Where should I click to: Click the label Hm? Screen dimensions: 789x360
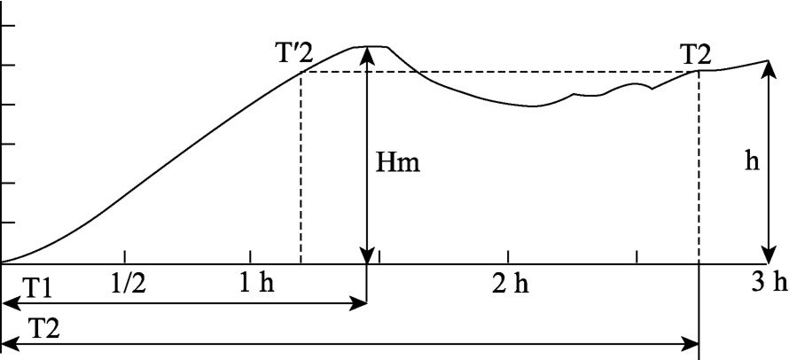(x=397, y=164)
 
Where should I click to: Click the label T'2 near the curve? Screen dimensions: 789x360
(x=294, y=53)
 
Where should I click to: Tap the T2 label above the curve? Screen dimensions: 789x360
(x=696, y=54)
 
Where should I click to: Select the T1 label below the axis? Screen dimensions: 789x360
(x=36, y=290)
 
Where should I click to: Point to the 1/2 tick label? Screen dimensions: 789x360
(x=128, y=284)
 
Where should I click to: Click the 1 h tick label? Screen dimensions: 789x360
(x=256, y=285)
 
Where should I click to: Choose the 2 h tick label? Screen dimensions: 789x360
(x=511, y=285)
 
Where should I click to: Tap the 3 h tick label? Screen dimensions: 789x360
(x=769, y=284)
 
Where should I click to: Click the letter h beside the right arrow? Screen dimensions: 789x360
(x=753, y=162)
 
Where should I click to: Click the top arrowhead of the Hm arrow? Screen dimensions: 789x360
(x=368, y=54)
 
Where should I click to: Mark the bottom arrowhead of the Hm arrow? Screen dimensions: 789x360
(x=368, y=255)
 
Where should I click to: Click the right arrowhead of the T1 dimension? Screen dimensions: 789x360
(x=359, y=303)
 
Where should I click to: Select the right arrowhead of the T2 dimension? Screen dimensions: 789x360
(x=691, y=345)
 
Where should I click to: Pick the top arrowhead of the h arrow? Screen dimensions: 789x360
(x=768, y=68)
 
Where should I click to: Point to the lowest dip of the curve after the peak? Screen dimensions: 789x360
(x=533, y=106)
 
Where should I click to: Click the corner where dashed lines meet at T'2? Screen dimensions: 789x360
(x=301, y=72)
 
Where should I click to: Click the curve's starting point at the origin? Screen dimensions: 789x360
(x=2, y=262)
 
